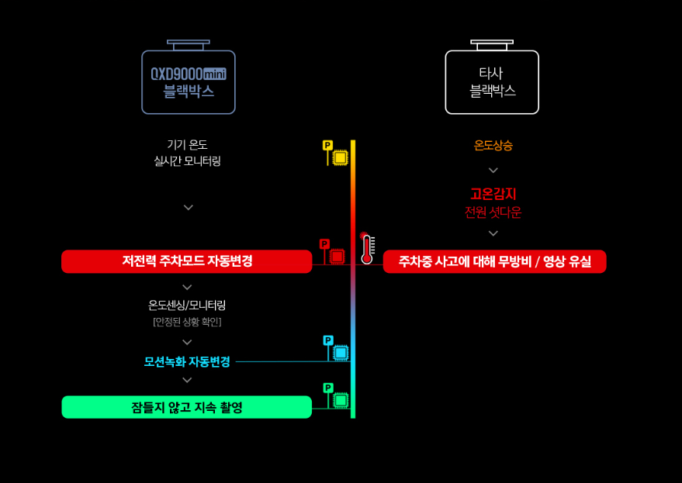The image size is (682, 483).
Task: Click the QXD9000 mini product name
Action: [188, 74]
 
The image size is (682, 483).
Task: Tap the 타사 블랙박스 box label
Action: [492, 82]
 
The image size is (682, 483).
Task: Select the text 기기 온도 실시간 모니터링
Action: [188, 153]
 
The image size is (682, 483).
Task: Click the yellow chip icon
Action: [340, 157]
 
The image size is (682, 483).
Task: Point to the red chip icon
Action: [337, 256]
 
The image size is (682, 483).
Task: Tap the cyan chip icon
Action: [341, 353]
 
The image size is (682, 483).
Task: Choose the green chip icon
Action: [341, 400]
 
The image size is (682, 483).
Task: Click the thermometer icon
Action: [367, 249]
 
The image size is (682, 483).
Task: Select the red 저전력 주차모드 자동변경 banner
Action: [186, 261]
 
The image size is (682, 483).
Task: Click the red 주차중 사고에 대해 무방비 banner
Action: [494, 261]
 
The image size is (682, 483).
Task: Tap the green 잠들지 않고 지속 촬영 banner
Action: [186, 407]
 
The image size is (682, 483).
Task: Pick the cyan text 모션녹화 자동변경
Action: [187, 361]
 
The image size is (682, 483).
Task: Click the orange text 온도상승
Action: [493, 145]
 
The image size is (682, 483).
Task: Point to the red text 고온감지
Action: [493, 194]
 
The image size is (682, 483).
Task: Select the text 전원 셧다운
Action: [493, 212]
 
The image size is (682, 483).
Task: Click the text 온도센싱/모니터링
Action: [187, 305]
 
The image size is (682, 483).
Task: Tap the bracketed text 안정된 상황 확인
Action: [187, 322]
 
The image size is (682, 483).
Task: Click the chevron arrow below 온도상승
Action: [493, 171]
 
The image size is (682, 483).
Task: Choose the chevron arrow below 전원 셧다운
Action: [493, 233]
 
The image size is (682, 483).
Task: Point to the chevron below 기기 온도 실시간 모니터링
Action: [188, 208]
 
